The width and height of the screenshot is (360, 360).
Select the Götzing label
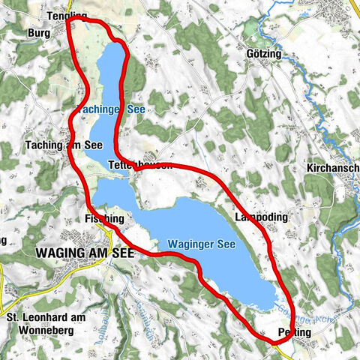click(x=262, y=55)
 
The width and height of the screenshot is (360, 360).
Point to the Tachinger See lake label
click(x=112, y=109)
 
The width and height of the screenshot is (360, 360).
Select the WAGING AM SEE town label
click(x=84, y=253)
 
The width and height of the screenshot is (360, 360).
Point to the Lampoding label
click(x=260, y=217)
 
